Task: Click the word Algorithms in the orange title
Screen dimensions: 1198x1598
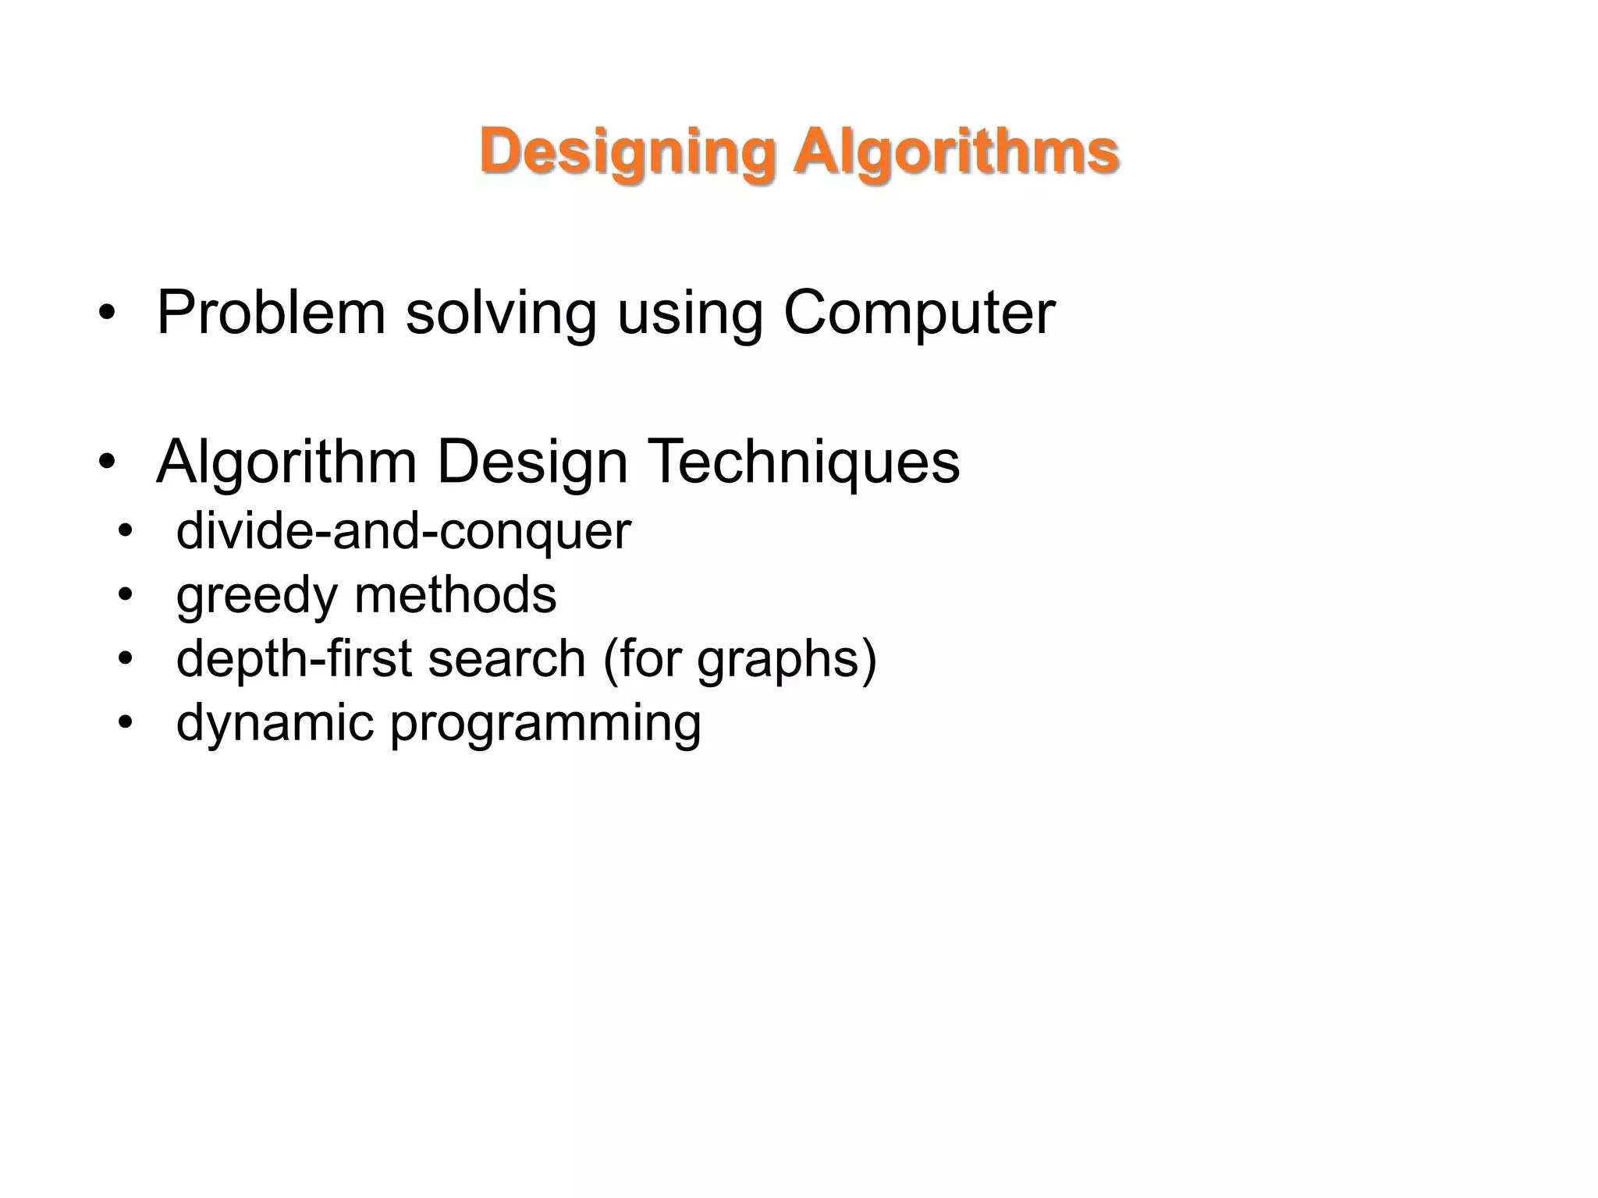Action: pyautogui.click(x=956, y=152)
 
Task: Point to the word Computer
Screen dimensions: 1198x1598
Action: pyautogui.click(x=918, y=314)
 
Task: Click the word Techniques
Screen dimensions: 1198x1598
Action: pyautogui.click(x=804, y=463)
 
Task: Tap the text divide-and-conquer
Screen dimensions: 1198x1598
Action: pyautogui.click(x=403, y=532)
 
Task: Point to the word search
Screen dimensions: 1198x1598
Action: pyautogui.click(x=506, y=659)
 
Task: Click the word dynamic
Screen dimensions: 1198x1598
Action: pyautogui.click(x=275, y=724)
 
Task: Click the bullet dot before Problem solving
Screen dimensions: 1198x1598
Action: pyautogui.click(x=107, y=314)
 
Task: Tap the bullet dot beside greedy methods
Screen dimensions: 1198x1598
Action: pyautogui.click(x=126, y=596)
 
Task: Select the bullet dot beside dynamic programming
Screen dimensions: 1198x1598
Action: pyautogui.click(x=126, y=723)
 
